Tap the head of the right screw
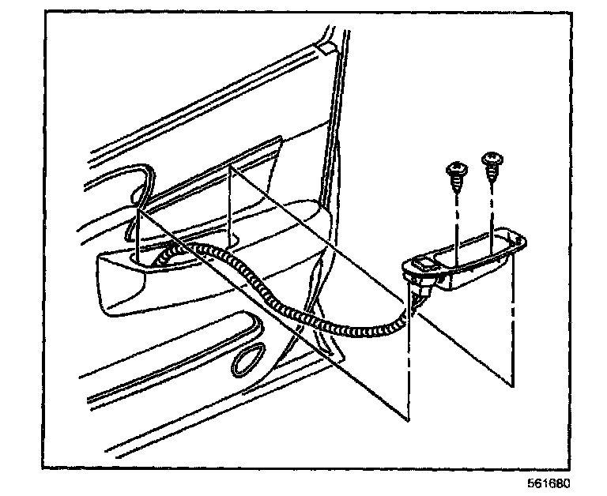[x=493, y=160]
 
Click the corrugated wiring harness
[x=316, y=320]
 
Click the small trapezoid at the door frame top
[x=324, y=48]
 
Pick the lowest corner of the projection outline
[x=410, y=419]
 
